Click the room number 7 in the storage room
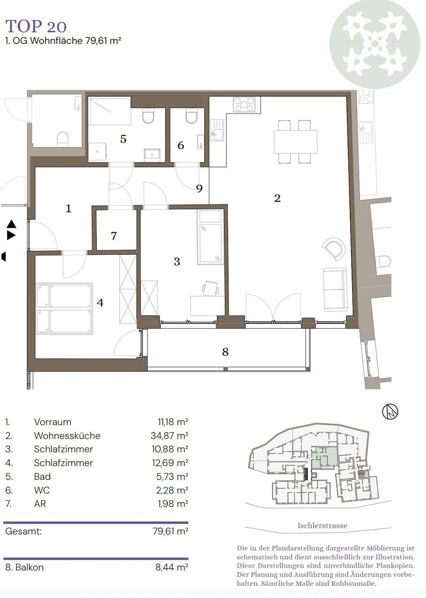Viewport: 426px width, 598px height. (114, 236)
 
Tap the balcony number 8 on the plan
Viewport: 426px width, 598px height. (225, 352)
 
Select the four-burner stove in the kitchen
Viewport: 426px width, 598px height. (244, 104)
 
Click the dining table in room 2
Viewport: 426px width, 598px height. (296, 142)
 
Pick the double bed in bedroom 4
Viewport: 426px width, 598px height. (64, 309)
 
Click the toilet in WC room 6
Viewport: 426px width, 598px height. (192, 116)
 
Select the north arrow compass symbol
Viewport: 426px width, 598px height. (390, 411)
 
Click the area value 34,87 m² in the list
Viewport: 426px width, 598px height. (169, 435)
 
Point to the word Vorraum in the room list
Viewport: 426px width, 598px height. (53, 422)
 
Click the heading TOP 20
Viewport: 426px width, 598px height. (36, 26)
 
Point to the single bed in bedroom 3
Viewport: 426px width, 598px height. (210, 237)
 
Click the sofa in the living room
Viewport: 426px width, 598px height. (335, 290)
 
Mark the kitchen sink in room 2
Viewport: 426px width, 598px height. (217, 130)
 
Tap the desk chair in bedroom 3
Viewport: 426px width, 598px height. (210, 288)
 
